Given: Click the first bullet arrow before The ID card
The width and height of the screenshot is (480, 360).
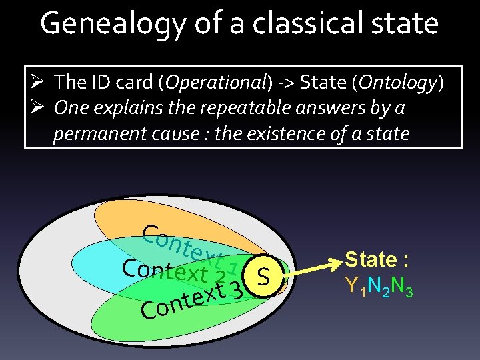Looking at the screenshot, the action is point(38,82).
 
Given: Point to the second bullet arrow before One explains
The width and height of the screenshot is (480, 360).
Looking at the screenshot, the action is point(38,107).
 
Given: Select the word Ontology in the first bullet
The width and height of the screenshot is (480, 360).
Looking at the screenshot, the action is point(398,82).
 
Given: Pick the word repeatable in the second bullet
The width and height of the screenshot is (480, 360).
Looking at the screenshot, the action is point(224,107).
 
